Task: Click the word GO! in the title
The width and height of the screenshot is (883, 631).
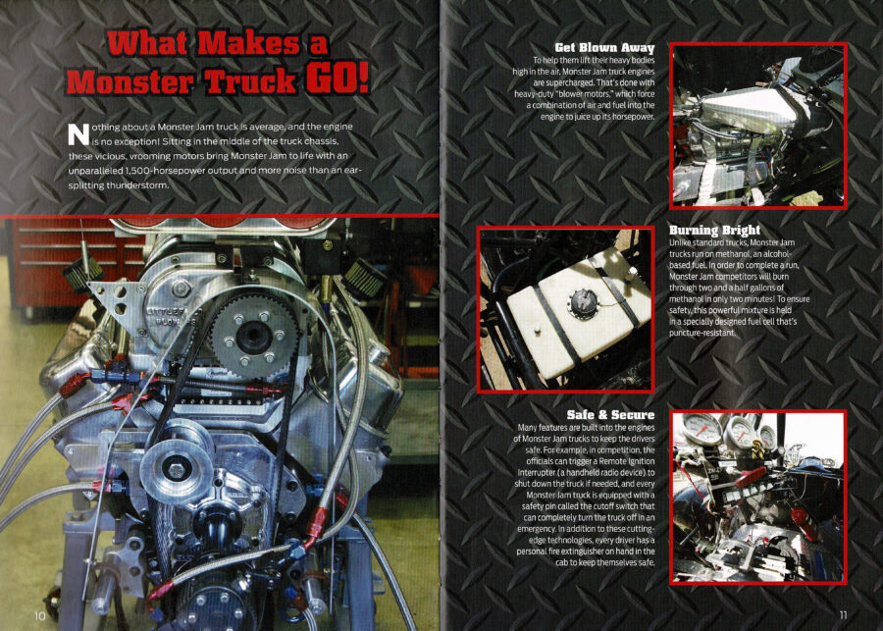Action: tap(337, 78)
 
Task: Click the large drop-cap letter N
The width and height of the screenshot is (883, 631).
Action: tap(78, 133)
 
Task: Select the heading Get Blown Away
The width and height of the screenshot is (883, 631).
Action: tap(604, 48)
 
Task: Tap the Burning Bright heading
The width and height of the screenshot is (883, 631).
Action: tap(714, 230)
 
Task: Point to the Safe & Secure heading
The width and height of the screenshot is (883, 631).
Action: tap(610, 415)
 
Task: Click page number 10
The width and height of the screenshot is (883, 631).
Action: tap(39, 615)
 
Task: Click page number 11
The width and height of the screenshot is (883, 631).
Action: tap(843, 614)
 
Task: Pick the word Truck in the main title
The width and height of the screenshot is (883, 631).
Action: tap(250, 80)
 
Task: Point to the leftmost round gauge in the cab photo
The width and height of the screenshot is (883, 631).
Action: tap(701, 428)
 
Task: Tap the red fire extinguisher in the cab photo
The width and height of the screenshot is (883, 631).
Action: tap(802, 521)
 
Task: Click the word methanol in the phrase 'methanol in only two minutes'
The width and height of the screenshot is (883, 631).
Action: tap(686, 299)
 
